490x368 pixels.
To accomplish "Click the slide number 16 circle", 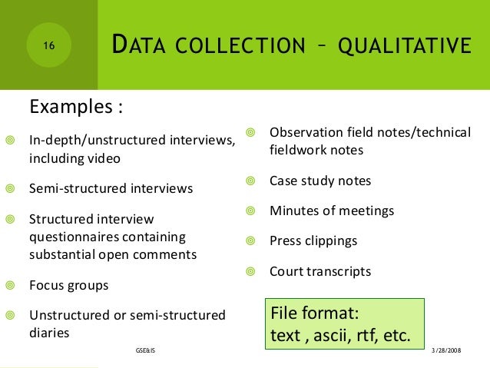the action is tap(48, 46).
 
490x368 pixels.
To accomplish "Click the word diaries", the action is tap(49, 333).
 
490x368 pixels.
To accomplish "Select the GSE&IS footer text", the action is tap(143, 350).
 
